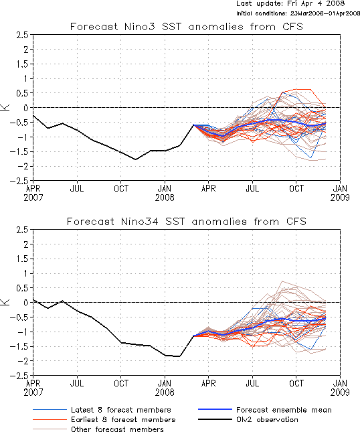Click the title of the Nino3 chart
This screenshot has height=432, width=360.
tap(186, 27)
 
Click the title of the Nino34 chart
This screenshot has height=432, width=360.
tap(186, 222)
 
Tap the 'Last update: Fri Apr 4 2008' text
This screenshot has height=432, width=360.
tap(290, 3)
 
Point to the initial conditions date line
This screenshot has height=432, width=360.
tap(298, 13)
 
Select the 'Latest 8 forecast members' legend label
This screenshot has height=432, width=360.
tap(121, 410)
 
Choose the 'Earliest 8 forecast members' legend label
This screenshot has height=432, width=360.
tap(123, 419)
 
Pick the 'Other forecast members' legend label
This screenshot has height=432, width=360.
tap(117, 429)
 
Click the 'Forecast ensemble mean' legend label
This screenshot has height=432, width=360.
tap(284, 410)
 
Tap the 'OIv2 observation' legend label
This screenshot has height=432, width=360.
tap(267, 419)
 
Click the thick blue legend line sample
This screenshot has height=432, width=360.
tap(215, 410)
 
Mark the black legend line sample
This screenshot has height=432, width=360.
tap(215, 419)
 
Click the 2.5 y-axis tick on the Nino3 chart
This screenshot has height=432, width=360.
tap(22, 35)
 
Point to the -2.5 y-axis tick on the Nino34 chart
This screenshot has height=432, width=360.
tap(19, 375)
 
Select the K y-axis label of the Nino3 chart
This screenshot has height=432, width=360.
tap(5, 107)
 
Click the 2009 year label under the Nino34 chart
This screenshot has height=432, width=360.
tap(340, 392)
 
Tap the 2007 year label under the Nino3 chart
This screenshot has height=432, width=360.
tap(33, 198)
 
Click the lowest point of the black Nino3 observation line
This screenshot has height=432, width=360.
tap(135, 159)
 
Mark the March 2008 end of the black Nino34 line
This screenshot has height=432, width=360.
tap(194, 336)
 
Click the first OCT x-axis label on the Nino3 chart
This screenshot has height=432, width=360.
tap(121, 188)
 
